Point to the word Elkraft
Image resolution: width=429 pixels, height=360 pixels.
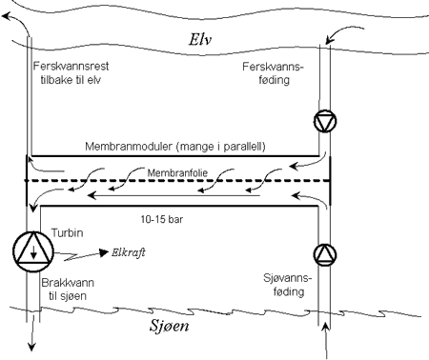tap(124, 256)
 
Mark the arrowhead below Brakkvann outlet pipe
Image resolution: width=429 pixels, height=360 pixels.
tap(31, 348)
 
